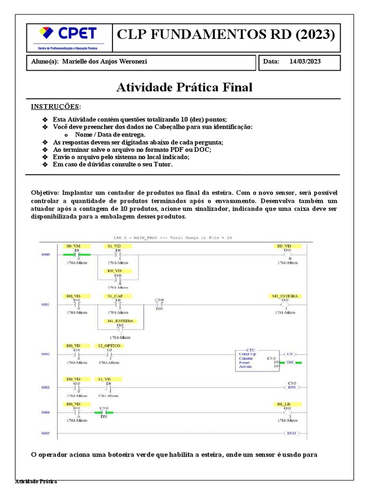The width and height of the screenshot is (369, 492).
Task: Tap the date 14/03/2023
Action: tap(306, 61)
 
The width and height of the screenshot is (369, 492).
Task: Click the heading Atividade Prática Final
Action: tap(184, 87)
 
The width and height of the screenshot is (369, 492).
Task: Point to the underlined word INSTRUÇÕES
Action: tap(56, 106)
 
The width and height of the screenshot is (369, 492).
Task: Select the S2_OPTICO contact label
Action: tap(110, 345)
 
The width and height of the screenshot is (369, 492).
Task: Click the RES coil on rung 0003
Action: tap(290, 387)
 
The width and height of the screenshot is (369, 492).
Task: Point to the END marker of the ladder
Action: tap(291, 433)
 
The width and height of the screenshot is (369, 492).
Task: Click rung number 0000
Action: tap(45, 254)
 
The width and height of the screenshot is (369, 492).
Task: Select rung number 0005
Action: tap(45, 433)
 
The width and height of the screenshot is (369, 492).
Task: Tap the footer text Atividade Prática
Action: tap(36, 481)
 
